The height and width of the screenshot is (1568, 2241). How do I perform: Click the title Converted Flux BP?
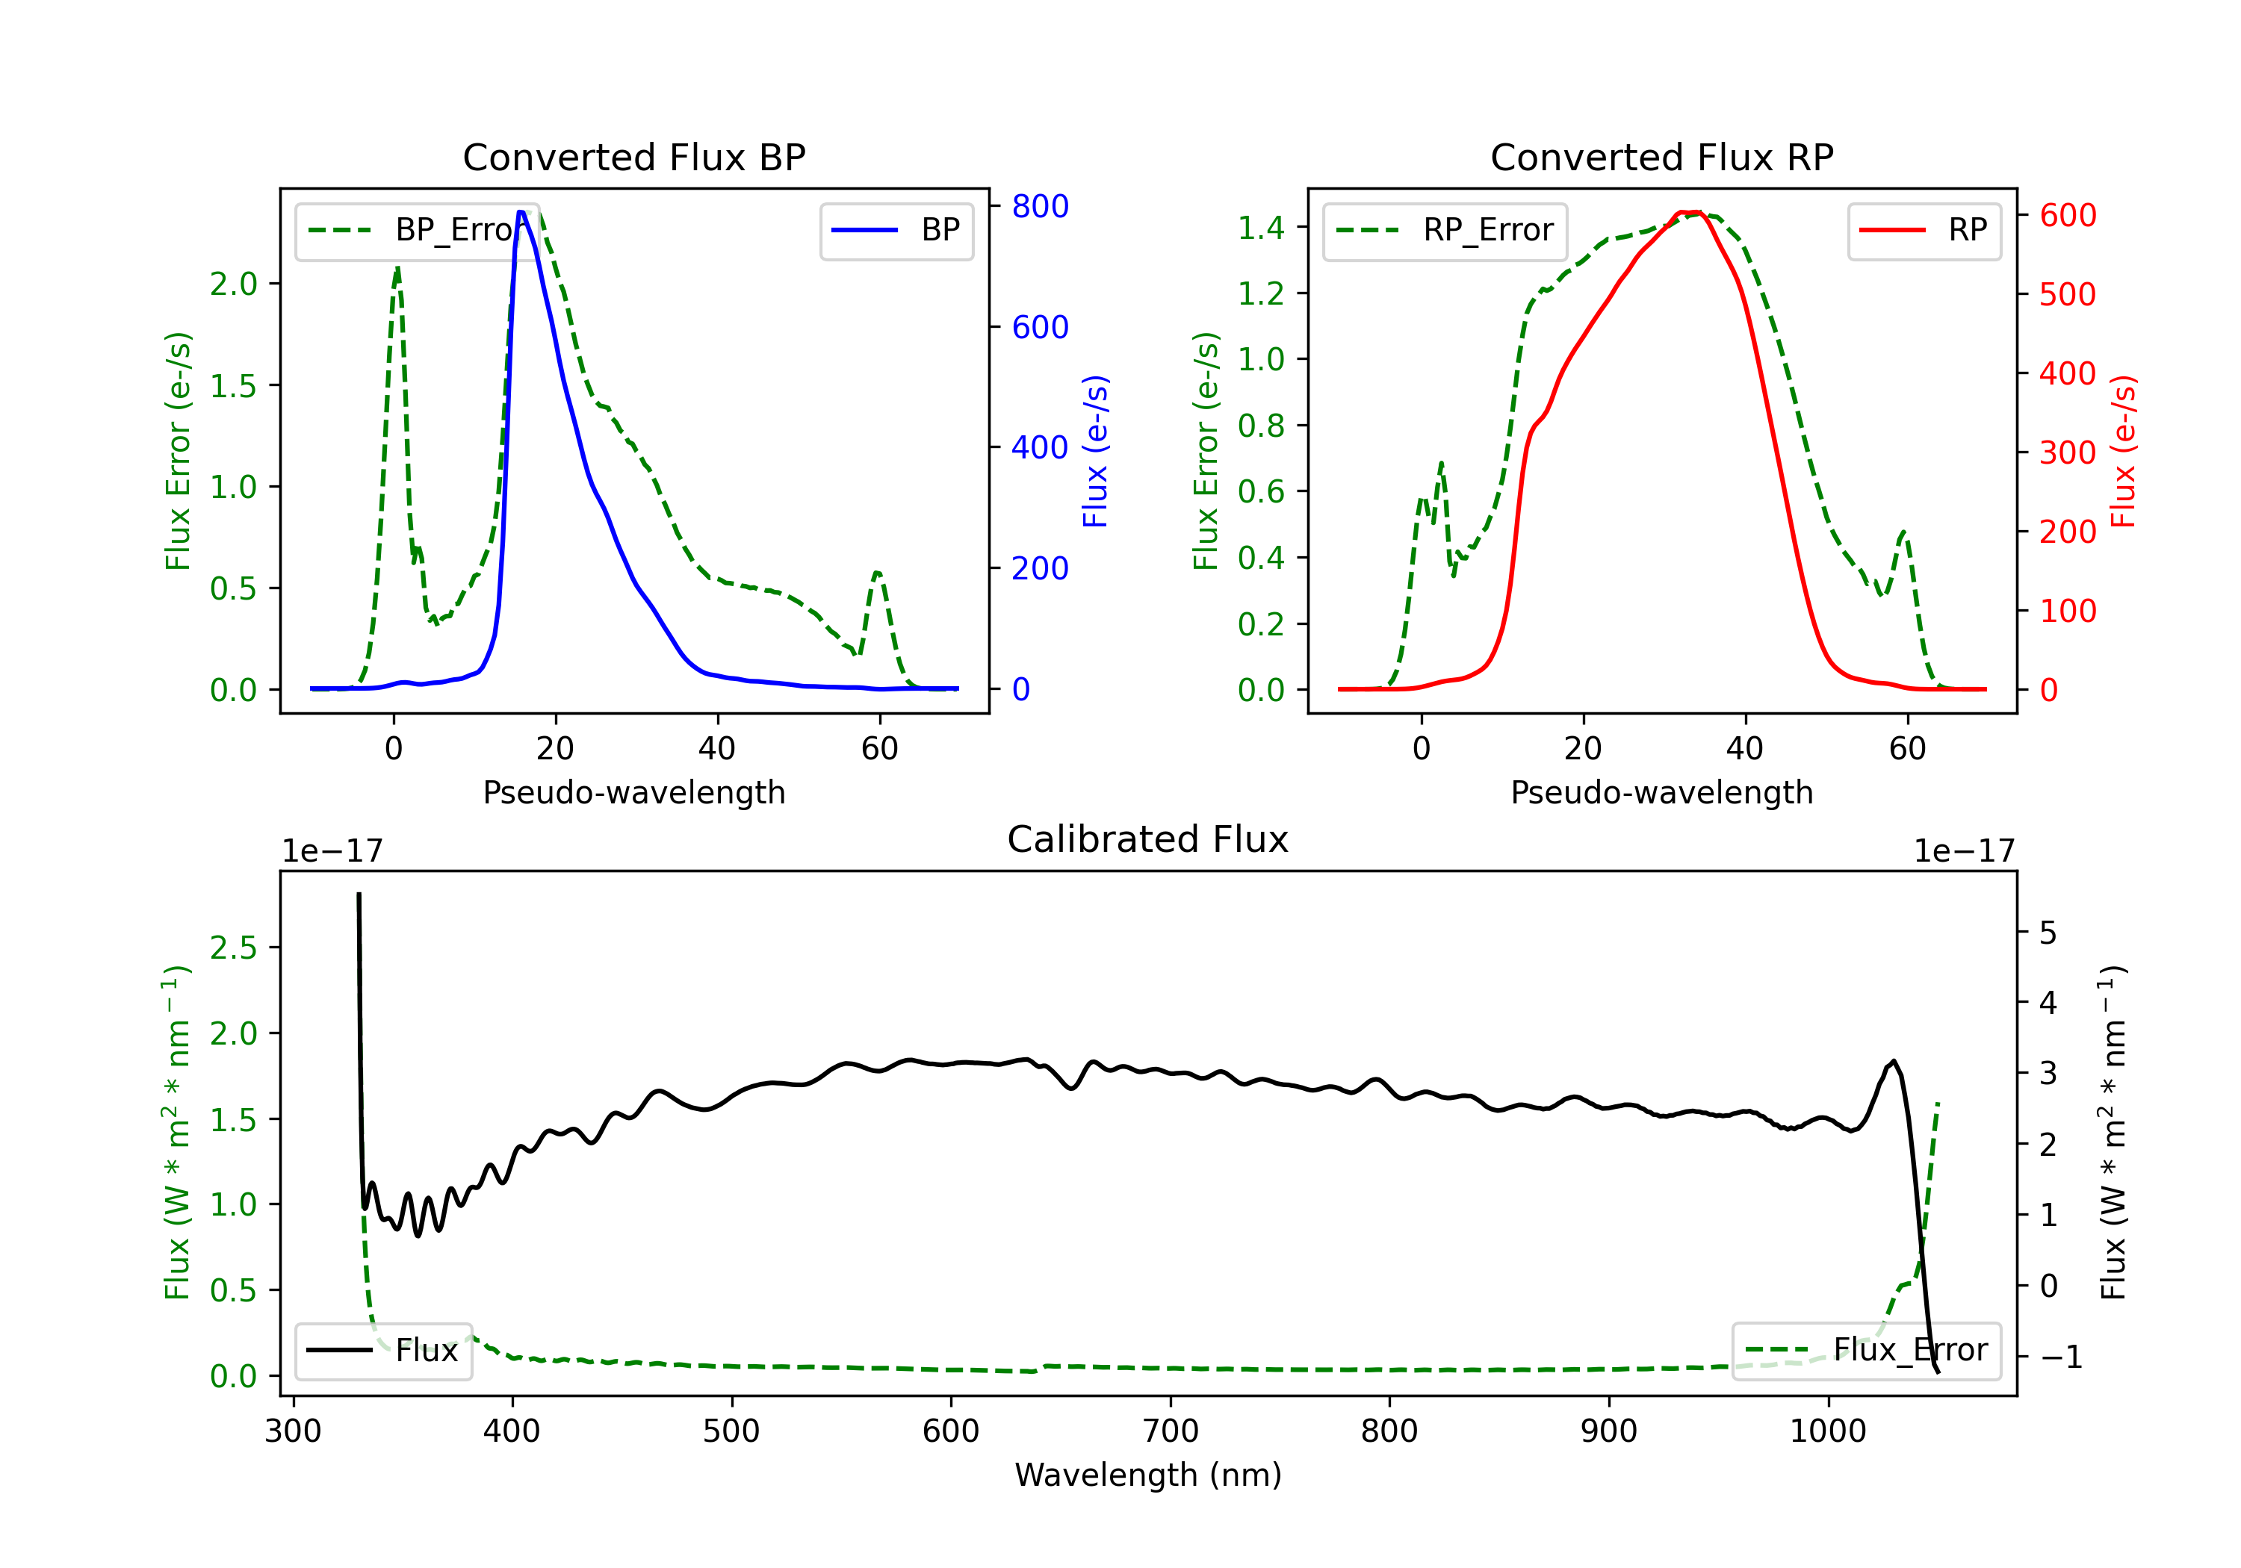coord(633,157)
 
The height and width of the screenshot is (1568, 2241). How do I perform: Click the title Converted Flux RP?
coord(1661,157)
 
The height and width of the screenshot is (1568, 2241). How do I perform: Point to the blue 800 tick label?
coord(1040,206)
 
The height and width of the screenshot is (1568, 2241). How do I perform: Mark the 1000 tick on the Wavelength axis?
coord(1827,1431)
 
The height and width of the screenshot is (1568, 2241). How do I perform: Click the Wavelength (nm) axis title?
coord(1148,1475)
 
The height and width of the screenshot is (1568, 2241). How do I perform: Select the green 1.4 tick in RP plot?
coord(1261,228)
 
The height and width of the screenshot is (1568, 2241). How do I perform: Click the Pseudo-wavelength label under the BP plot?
coord(633,792)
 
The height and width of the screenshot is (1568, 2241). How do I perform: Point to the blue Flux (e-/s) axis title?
coord(1095,451)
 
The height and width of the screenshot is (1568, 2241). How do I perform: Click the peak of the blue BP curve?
coord(521,213)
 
